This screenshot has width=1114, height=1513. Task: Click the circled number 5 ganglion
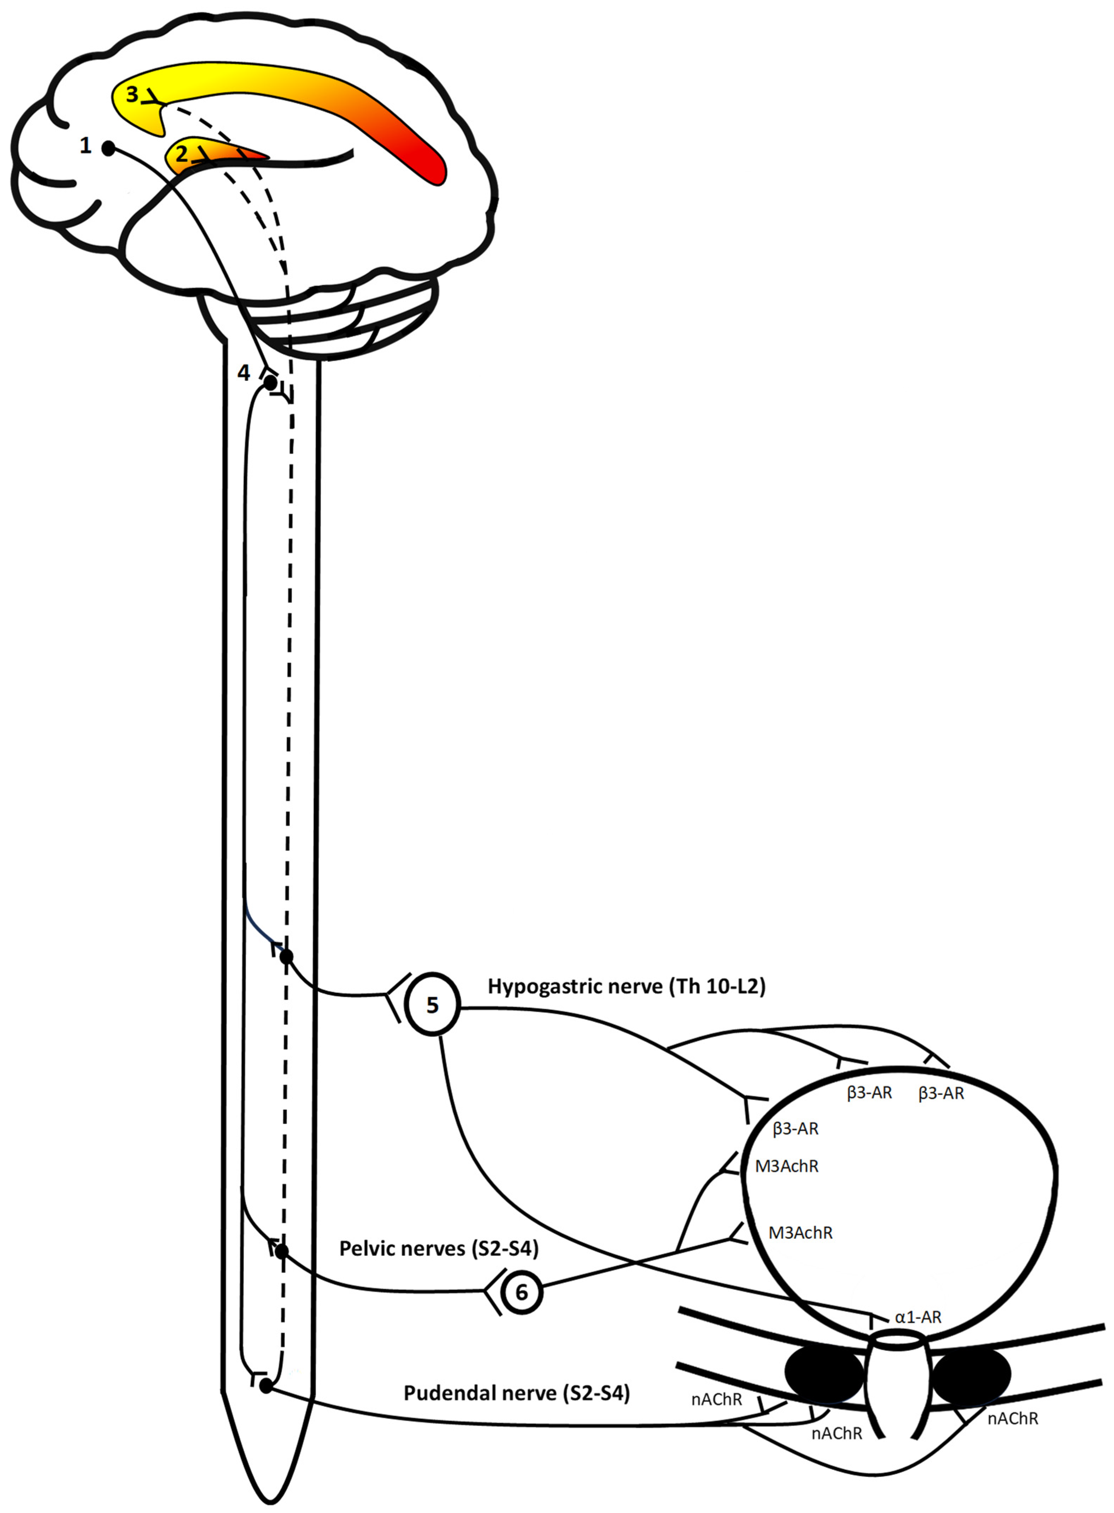[432, 1005]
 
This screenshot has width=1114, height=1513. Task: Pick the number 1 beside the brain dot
[85, 145]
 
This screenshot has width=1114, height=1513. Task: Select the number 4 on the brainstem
[244, 372]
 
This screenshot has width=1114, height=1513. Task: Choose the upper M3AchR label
[787, 1166]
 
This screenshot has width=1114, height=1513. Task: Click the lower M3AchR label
[801, 1232]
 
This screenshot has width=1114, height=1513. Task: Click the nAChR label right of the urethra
[1012, 1419]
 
